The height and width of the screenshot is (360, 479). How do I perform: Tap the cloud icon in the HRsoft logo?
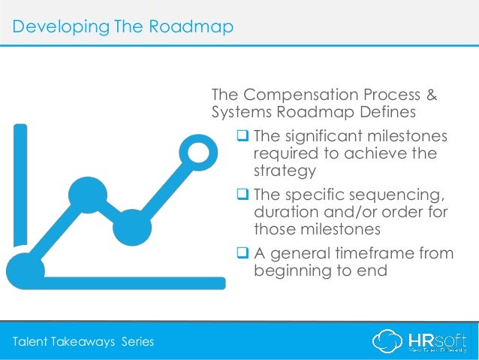point(388,342)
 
